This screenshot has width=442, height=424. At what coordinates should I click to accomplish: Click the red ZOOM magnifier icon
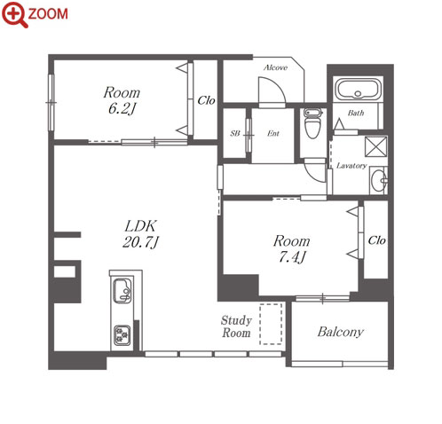click(14, 14)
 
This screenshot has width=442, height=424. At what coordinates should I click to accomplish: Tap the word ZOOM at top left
click(48, 14)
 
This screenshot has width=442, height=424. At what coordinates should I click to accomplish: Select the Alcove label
click(275, 67)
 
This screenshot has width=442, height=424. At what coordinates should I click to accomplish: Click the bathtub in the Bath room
click(358, 89)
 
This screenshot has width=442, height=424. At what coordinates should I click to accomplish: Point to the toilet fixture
click(312, 123)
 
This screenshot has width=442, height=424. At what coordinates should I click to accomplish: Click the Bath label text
click(356, 113)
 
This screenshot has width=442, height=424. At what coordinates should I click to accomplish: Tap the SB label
click(235, 133)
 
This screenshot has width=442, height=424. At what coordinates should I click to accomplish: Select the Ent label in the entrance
click(273, 133)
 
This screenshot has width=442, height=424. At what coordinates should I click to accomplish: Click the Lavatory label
click(351, 166)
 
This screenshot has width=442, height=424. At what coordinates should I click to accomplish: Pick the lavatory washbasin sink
click(379, 180)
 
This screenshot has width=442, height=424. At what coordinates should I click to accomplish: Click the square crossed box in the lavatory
click(375, 146)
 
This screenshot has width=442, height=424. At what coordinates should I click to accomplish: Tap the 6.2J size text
click(122, 109)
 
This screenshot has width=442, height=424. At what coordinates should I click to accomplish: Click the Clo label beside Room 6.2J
click(206, 100)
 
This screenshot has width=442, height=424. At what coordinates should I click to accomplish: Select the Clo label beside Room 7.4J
click(376, 240)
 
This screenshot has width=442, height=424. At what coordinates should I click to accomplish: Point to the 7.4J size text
click(292, 257)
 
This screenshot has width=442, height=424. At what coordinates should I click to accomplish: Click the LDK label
click(140, 226)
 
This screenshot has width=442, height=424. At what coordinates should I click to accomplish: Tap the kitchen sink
click(122, 290)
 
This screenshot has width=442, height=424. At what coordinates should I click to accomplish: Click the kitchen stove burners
click(122, 335)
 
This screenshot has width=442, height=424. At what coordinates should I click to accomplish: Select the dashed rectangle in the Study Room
click(271, 324)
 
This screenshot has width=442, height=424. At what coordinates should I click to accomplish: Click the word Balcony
click(341, 332)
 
